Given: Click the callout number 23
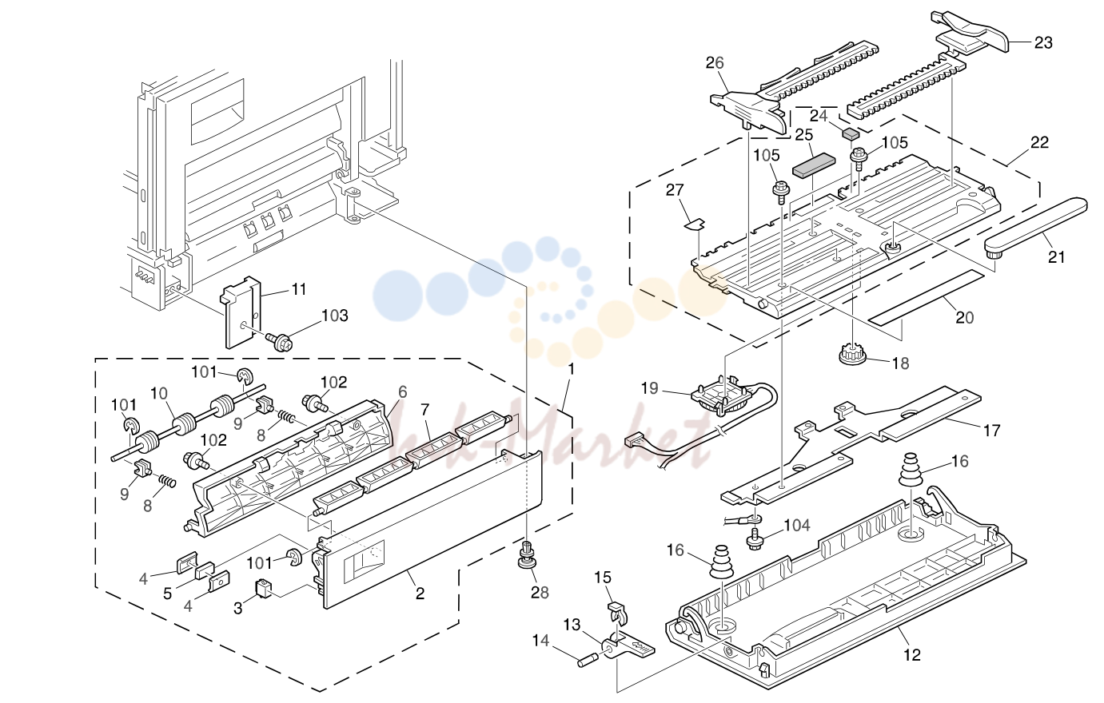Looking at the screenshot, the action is pos(1043,43).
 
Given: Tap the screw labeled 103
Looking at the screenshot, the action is pos(278,340).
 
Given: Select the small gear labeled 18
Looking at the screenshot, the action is pos(854,355).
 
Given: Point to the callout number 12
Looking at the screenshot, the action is pos(912,655).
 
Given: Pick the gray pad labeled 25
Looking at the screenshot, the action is pos(814,165).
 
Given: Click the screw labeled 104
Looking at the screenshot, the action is pos(754,540).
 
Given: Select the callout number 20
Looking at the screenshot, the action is pos(965,318).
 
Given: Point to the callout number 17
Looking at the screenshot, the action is pos(991,431).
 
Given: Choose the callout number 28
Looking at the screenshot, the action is pos(540,593).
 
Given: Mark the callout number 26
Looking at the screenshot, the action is pos(715,63).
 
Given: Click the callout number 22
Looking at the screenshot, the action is pos(1039,142).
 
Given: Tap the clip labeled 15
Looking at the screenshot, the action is pos(619,612).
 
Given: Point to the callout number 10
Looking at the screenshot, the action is pos(159,394).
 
